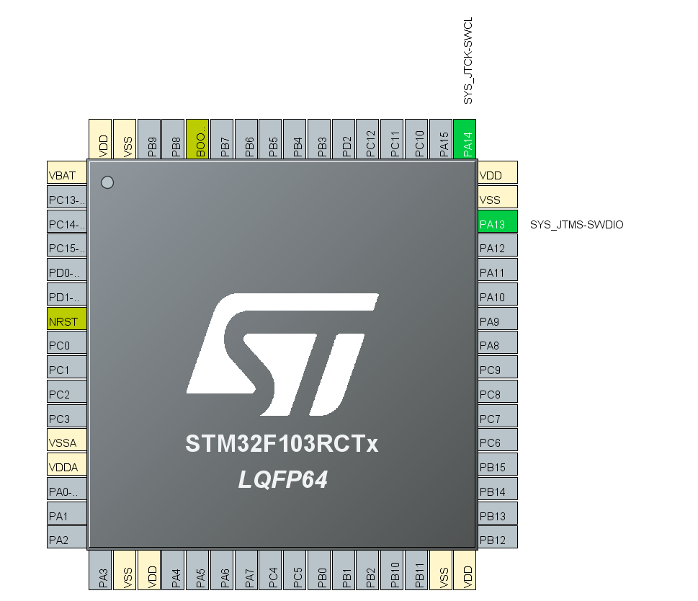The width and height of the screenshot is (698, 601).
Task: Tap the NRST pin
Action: click(66, 321)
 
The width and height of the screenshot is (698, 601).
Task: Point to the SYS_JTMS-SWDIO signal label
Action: click(576, 225)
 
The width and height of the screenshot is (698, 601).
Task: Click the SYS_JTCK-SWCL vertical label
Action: click(468, 62)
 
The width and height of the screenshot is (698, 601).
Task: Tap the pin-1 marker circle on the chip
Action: click(107, 182)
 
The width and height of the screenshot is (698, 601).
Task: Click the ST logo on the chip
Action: click(282, 354)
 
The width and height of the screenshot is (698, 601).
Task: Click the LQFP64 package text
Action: click(283, 479)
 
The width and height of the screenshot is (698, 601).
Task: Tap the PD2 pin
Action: click(346, 139)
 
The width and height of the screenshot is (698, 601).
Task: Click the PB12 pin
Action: click(498, 539)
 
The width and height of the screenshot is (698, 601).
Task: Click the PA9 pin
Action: click(498, 321)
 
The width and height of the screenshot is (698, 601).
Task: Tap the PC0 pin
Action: click(66, 345)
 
